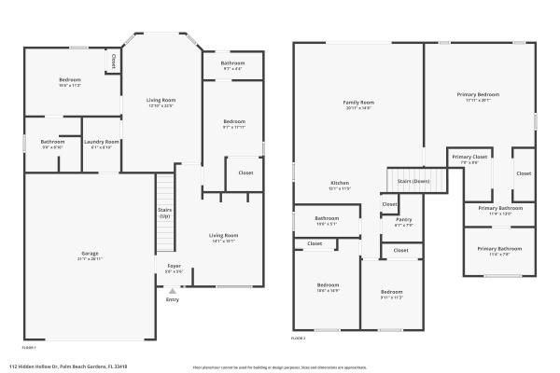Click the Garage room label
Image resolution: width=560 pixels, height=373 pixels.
90,254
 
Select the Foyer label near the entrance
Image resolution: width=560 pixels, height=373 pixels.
174,265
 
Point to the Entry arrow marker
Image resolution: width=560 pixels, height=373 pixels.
172,290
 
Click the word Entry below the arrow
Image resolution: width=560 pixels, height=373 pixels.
173,299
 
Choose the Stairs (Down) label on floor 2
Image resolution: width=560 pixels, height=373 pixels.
413,180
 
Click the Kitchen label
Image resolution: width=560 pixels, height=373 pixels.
340,183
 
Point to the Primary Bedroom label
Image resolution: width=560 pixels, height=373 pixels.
478,94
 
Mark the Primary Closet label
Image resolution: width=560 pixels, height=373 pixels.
469,157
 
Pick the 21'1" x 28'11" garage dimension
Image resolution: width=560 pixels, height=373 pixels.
90,259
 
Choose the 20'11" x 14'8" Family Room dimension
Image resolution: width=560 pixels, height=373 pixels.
358,107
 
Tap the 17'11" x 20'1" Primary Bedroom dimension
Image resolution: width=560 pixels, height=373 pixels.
478,100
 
